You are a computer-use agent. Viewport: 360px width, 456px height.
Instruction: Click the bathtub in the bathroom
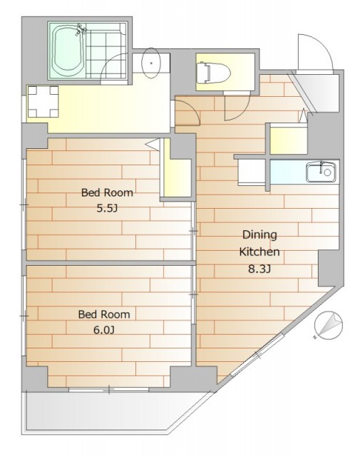pyautogui.click(x=66, y=51)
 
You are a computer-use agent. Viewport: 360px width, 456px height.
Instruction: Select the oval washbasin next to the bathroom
pyautogui.click(x=150, y=63)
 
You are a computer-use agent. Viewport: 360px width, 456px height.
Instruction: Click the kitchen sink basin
pyautogui.click(x=321, y=172)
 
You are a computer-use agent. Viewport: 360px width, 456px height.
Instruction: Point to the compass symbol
pyautogui.click(x=329, y=325)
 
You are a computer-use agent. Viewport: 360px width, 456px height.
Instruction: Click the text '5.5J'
pyautogui.click(x=107, y=208)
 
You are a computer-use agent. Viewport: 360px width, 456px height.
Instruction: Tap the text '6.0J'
pyautogui.click(x=104, y=330)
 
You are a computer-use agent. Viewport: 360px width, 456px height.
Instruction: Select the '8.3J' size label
pyautogui.click(x=259, y=269)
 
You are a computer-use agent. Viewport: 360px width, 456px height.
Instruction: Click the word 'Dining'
pyautogui.click(x=259, y=234)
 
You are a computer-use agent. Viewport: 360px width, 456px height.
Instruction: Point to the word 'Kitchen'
pyautogui.click(x=259, y=252)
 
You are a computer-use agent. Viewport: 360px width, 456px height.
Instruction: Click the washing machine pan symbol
pyautogui.click(x=43, y=101)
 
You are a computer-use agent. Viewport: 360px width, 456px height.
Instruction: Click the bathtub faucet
pyautogui.click(x=81, y=30)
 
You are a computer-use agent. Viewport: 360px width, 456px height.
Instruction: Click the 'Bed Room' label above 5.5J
pyautogui.click(x=107, y=192)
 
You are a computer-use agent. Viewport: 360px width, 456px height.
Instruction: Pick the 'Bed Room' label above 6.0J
pyautogui.click(x=104, y=314)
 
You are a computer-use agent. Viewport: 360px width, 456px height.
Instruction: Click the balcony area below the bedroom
pyautogui.click(x=110, y=413)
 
